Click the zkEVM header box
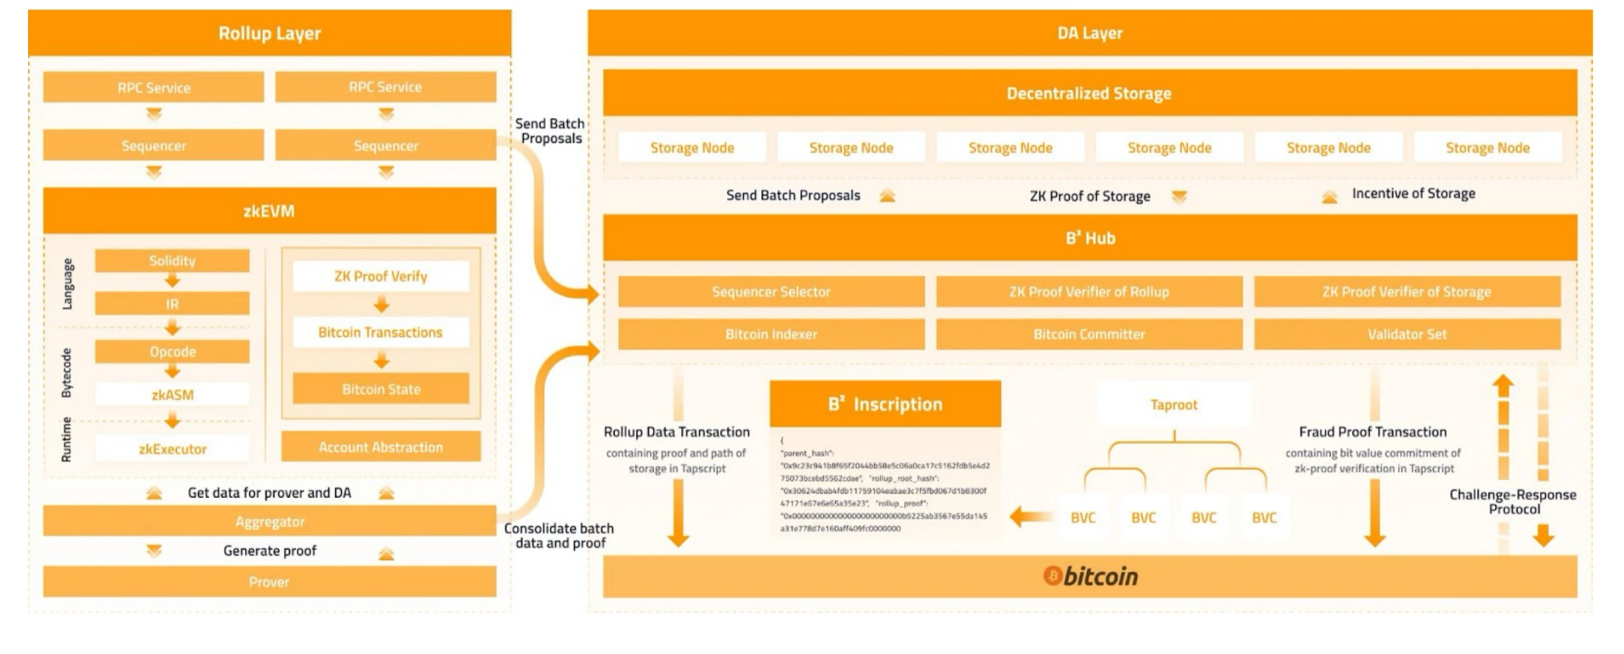[x=269, y=211]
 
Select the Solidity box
[x=172, y=261]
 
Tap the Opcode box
[x=172, y=351]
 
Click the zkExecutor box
[x=172, y=449]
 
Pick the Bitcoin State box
[x=381, y=389]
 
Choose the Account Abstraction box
[x=381, y=447]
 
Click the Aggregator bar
[x=269, y=521]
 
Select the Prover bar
[x=269, y=582]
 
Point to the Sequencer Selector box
[x=771, y=292]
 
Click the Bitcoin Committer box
[x=1089, y=334]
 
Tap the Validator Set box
[x=1407, y=334]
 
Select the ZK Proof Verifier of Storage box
[x=1407, y=292]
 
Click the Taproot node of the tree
[x=1174, y=404]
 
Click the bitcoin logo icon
[x=1053, y=576]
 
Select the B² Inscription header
[x=885, y=404]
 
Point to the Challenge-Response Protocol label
[x=1513, y=502]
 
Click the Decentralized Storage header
[x=1089, y=94]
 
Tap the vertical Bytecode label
[x=67, y=373]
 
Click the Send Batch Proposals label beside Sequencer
[x=549, y=131]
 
